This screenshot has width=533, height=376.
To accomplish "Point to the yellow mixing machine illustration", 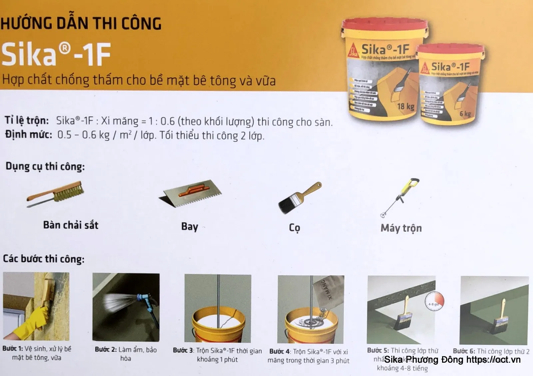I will (400, 196).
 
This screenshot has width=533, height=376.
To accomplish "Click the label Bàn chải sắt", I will (71, 225).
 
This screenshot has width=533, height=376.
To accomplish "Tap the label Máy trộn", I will (401, 228).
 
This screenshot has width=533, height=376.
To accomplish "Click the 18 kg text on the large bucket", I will (405, 107).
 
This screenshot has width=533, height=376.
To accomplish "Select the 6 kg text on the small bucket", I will (465, 114).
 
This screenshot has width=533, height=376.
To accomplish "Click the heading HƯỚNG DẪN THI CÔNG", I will (81, 24).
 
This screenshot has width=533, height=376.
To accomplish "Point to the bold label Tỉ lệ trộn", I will (27, 120).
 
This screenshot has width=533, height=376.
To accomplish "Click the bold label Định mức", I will (29, 135).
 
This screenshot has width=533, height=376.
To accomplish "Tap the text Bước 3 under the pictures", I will (183, 350).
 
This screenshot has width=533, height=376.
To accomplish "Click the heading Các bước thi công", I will (44, 259).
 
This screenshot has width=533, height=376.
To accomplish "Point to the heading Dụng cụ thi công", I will (45, 166).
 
